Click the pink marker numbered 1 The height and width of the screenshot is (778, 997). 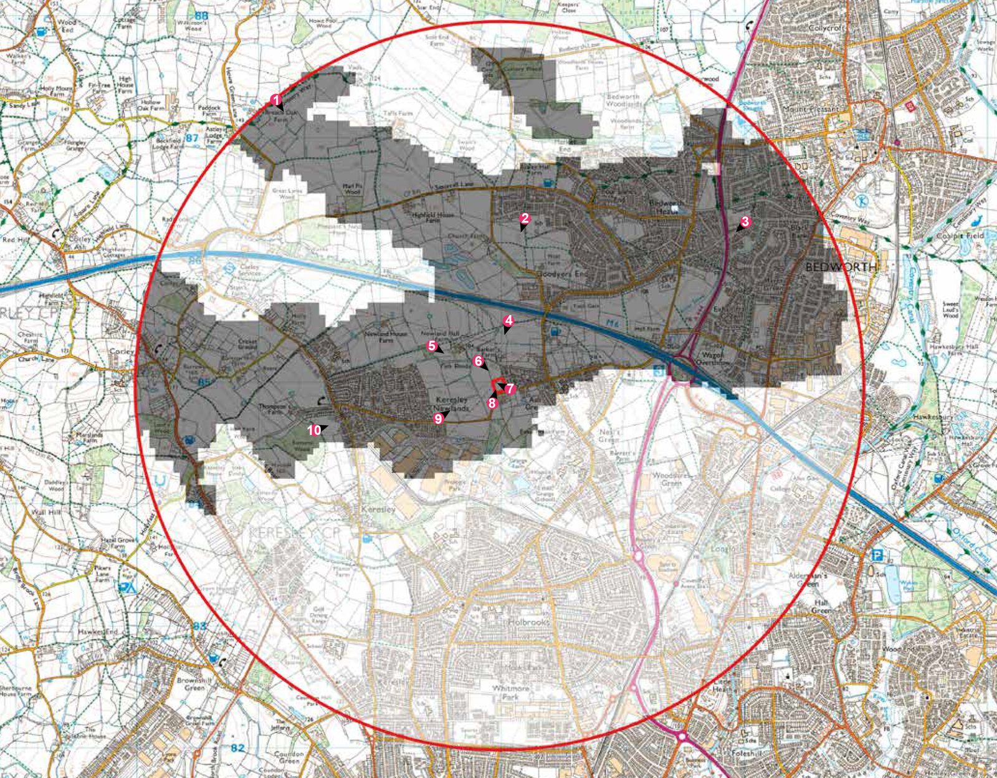[x=275, y=99]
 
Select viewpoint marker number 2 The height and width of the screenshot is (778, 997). [x=525, y=218]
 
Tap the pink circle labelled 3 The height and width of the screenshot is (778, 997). [x=745, y=221]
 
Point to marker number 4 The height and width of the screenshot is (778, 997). [x=508, y=320]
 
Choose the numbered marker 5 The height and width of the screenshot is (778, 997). [x=431, y=345]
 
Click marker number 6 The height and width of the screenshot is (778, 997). [x=478, y=361]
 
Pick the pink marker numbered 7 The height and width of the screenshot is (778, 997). [x=510, y=389]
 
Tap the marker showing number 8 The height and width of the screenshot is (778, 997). [x=492, y=403]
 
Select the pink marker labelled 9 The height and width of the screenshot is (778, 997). [x=438, y=419]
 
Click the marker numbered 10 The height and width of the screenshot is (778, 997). [x=314, y=430]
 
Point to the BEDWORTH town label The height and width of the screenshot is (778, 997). [x=841, y=267]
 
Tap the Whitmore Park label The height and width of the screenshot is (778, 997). [x=510, y=693]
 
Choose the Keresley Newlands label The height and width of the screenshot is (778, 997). [x=452, y=403]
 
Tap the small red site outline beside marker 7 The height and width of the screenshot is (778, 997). [x=499, y=385]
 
